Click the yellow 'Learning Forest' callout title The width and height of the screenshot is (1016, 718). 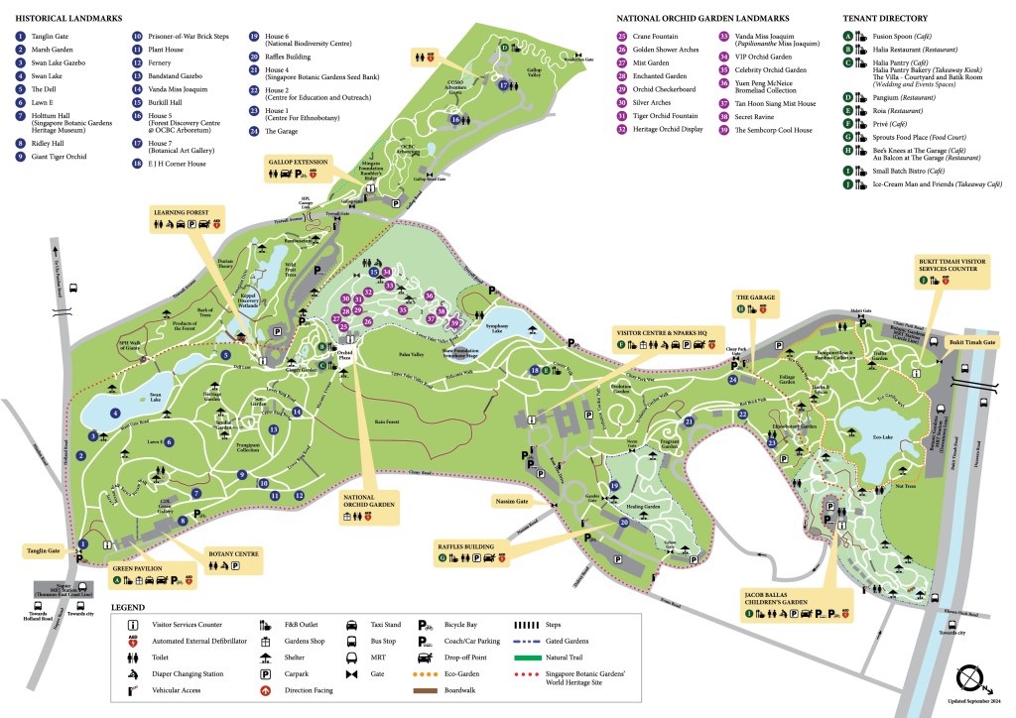point(181,212)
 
